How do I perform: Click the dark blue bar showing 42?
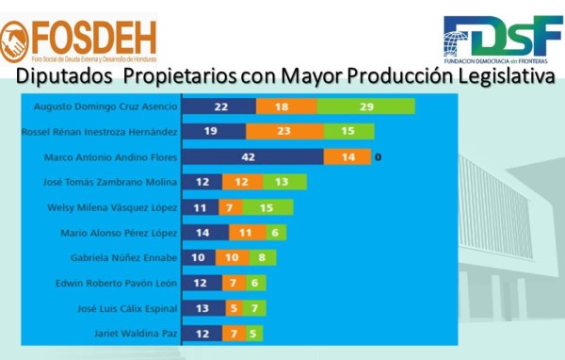[252, 156]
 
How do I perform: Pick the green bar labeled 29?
[366, 106]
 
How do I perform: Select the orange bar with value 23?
[282, 131]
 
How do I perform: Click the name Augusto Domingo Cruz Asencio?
[105, 106]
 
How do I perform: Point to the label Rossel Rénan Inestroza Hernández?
[98, 131]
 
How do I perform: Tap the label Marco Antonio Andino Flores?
[111, 156]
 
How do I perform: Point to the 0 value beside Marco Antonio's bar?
[377, 156]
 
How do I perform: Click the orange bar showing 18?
[282, 106]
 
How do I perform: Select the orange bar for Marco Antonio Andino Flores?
[347, 156]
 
